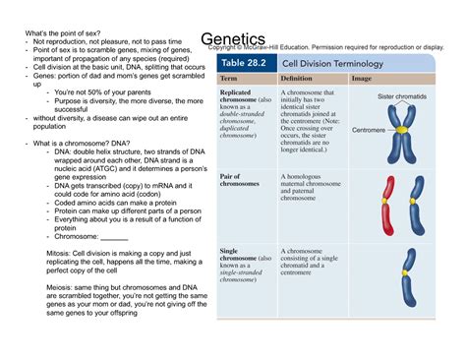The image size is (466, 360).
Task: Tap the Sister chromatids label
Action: click(402, 96)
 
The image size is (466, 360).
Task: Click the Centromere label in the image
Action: click(369, 130)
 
